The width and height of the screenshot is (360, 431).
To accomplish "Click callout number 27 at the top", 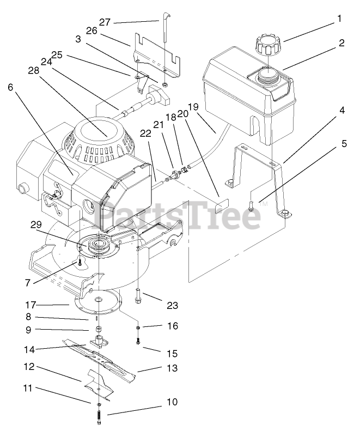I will pos(105,22).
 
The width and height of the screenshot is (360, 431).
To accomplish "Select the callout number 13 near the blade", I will pos(172,368).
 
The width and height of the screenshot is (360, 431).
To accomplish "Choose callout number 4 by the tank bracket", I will pos(341,110).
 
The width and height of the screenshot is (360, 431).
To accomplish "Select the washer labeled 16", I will pos(139,329).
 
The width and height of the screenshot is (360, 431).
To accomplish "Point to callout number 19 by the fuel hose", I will pos(193,106).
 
